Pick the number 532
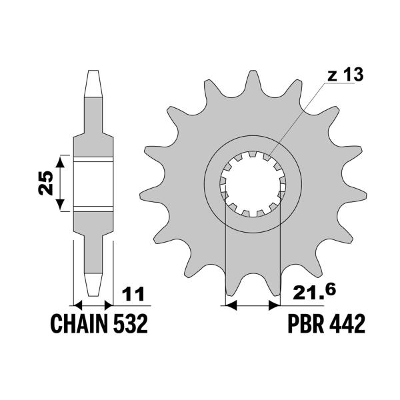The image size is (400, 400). coord(129,325)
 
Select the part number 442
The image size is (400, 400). coord(346,325)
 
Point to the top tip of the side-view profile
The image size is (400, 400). coord(93,73)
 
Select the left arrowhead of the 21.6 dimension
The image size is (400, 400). coord(231,305)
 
